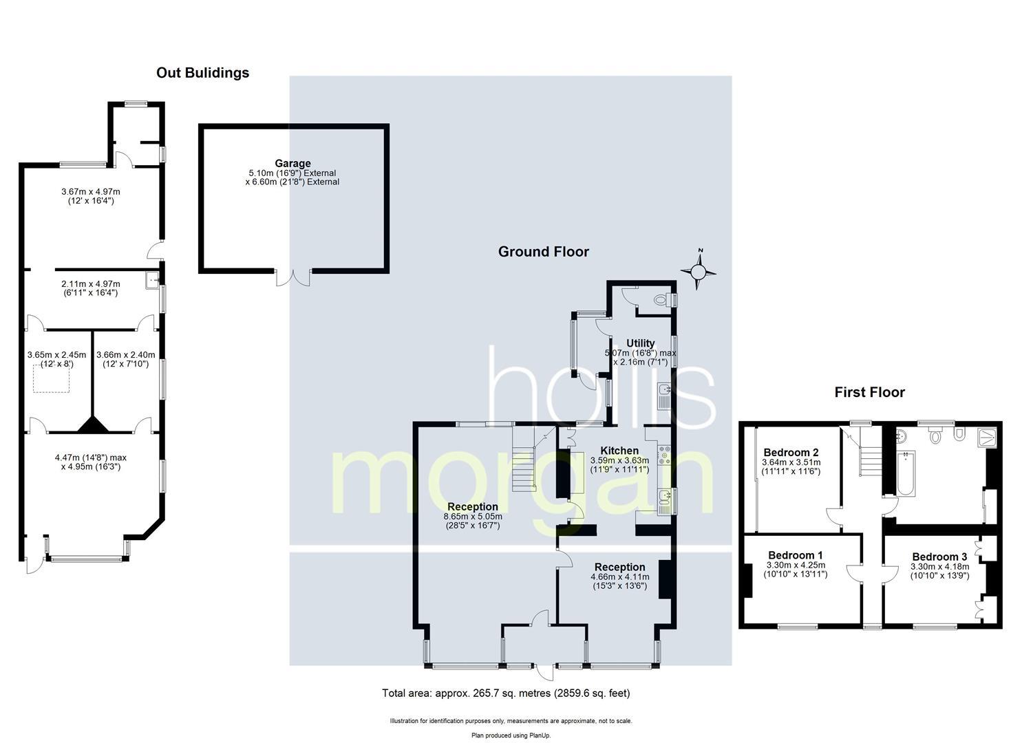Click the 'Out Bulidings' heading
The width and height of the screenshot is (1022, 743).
point(202,72)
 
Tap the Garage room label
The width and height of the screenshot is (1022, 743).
point(293,164)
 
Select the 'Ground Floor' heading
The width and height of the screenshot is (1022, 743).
point(543,252)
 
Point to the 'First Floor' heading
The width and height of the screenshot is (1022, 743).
point(869,392)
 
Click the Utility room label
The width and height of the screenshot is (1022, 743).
point(640,343)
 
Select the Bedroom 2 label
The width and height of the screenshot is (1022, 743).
point(790,452)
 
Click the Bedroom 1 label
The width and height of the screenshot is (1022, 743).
point(795,555)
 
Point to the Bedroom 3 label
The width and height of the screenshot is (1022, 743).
point(939,557)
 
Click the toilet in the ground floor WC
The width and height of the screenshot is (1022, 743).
point(662,300)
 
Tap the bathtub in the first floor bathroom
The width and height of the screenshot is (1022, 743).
point(906,473)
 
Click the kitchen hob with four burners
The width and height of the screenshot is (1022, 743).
point(665,453)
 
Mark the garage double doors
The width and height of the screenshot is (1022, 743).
point(293,277)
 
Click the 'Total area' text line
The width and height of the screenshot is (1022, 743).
point(506,693)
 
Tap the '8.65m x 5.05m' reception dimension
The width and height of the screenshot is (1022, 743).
point(473,516)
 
